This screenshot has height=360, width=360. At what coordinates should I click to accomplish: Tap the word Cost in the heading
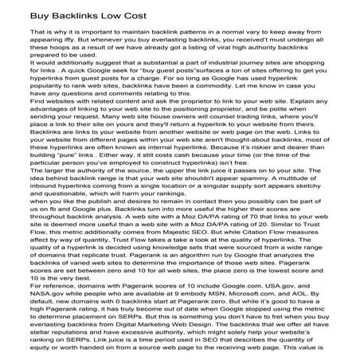(x=127, y=16)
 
